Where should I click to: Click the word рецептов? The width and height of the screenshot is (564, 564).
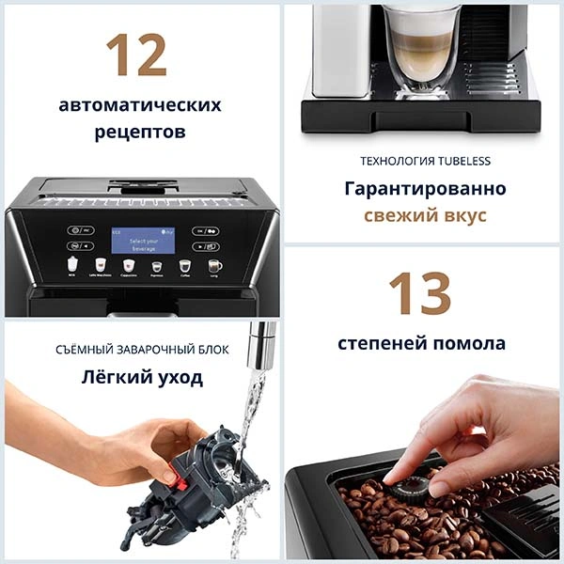[140, 132]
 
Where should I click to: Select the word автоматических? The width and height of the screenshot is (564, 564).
[140, 103]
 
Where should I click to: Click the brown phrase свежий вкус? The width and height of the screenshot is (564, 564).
[425, 215]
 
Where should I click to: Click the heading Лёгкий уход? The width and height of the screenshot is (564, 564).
[140, 378]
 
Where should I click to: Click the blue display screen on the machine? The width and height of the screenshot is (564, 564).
[143, 240]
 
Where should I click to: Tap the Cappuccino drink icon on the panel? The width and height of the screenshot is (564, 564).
[129, 266]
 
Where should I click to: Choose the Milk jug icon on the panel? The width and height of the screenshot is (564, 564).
[70, 266]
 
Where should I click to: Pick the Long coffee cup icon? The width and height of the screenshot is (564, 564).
[214, 266]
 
